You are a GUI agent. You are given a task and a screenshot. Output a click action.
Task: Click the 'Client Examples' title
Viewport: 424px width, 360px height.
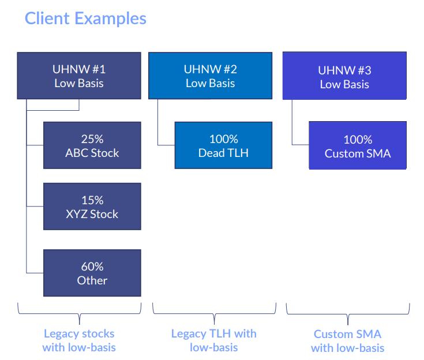85,18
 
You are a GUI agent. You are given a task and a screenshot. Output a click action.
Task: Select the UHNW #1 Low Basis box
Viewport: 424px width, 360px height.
79,76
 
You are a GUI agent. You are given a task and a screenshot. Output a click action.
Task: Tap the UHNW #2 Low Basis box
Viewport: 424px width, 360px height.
211,76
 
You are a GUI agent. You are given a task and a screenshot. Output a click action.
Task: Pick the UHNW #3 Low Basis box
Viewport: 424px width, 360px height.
344,76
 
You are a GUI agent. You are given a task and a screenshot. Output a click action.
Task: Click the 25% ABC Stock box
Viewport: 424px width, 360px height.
92,145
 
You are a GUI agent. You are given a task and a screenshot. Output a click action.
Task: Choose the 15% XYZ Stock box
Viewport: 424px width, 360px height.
92,207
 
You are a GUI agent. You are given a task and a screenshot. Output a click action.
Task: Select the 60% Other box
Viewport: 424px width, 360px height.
92,273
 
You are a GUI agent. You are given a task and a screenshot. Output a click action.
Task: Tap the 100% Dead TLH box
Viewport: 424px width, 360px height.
223,145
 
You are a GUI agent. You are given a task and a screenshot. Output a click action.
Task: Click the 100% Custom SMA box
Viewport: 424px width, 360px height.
358,145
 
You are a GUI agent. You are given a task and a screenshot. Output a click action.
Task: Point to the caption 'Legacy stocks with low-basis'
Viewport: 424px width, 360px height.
79,340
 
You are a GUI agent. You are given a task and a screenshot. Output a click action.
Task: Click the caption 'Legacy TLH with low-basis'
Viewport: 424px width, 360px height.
214,340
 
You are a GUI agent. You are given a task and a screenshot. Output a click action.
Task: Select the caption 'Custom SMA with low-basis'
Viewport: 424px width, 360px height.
347,341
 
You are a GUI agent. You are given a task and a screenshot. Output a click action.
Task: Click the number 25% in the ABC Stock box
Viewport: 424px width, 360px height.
92,139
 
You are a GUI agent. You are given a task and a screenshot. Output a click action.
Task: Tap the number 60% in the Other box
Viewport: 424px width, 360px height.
92,267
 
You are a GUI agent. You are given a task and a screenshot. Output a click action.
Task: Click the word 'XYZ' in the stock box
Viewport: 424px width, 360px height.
77,214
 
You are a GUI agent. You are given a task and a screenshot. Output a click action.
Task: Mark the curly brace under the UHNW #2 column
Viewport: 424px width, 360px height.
214,314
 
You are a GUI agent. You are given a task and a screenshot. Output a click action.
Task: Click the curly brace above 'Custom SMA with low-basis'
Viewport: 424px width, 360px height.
348,314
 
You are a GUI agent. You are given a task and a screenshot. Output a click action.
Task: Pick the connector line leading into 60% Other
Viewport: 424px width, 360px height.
27,273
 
